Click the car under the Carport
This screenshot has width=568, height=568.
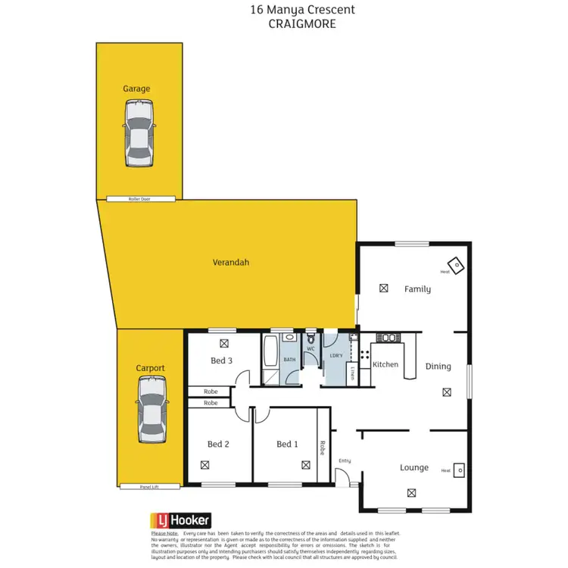click(150, 410)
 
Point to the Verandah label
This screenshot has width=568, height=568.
click(231, 263)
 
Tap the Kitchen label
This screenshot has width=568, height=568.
click(385, 364)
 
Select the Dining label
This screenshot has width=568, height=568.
click(438, 366)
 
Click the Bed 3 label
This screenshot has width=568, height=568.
click(221, 360)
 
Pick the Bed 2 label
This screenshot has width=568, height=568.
click(218, 444)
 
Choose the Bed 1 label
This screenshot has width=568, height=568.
click(287, 444)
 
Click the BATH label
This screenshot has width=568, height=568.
click(289, 359)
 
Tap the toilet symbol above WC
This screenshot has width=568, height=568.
click(311, 339)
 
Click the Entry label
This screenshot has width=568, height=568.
click(345, 460)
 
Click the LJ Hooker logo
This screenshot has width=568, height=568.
click(179, 520)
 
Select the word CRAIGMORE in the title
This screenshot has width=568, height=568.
click(301, 23)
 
